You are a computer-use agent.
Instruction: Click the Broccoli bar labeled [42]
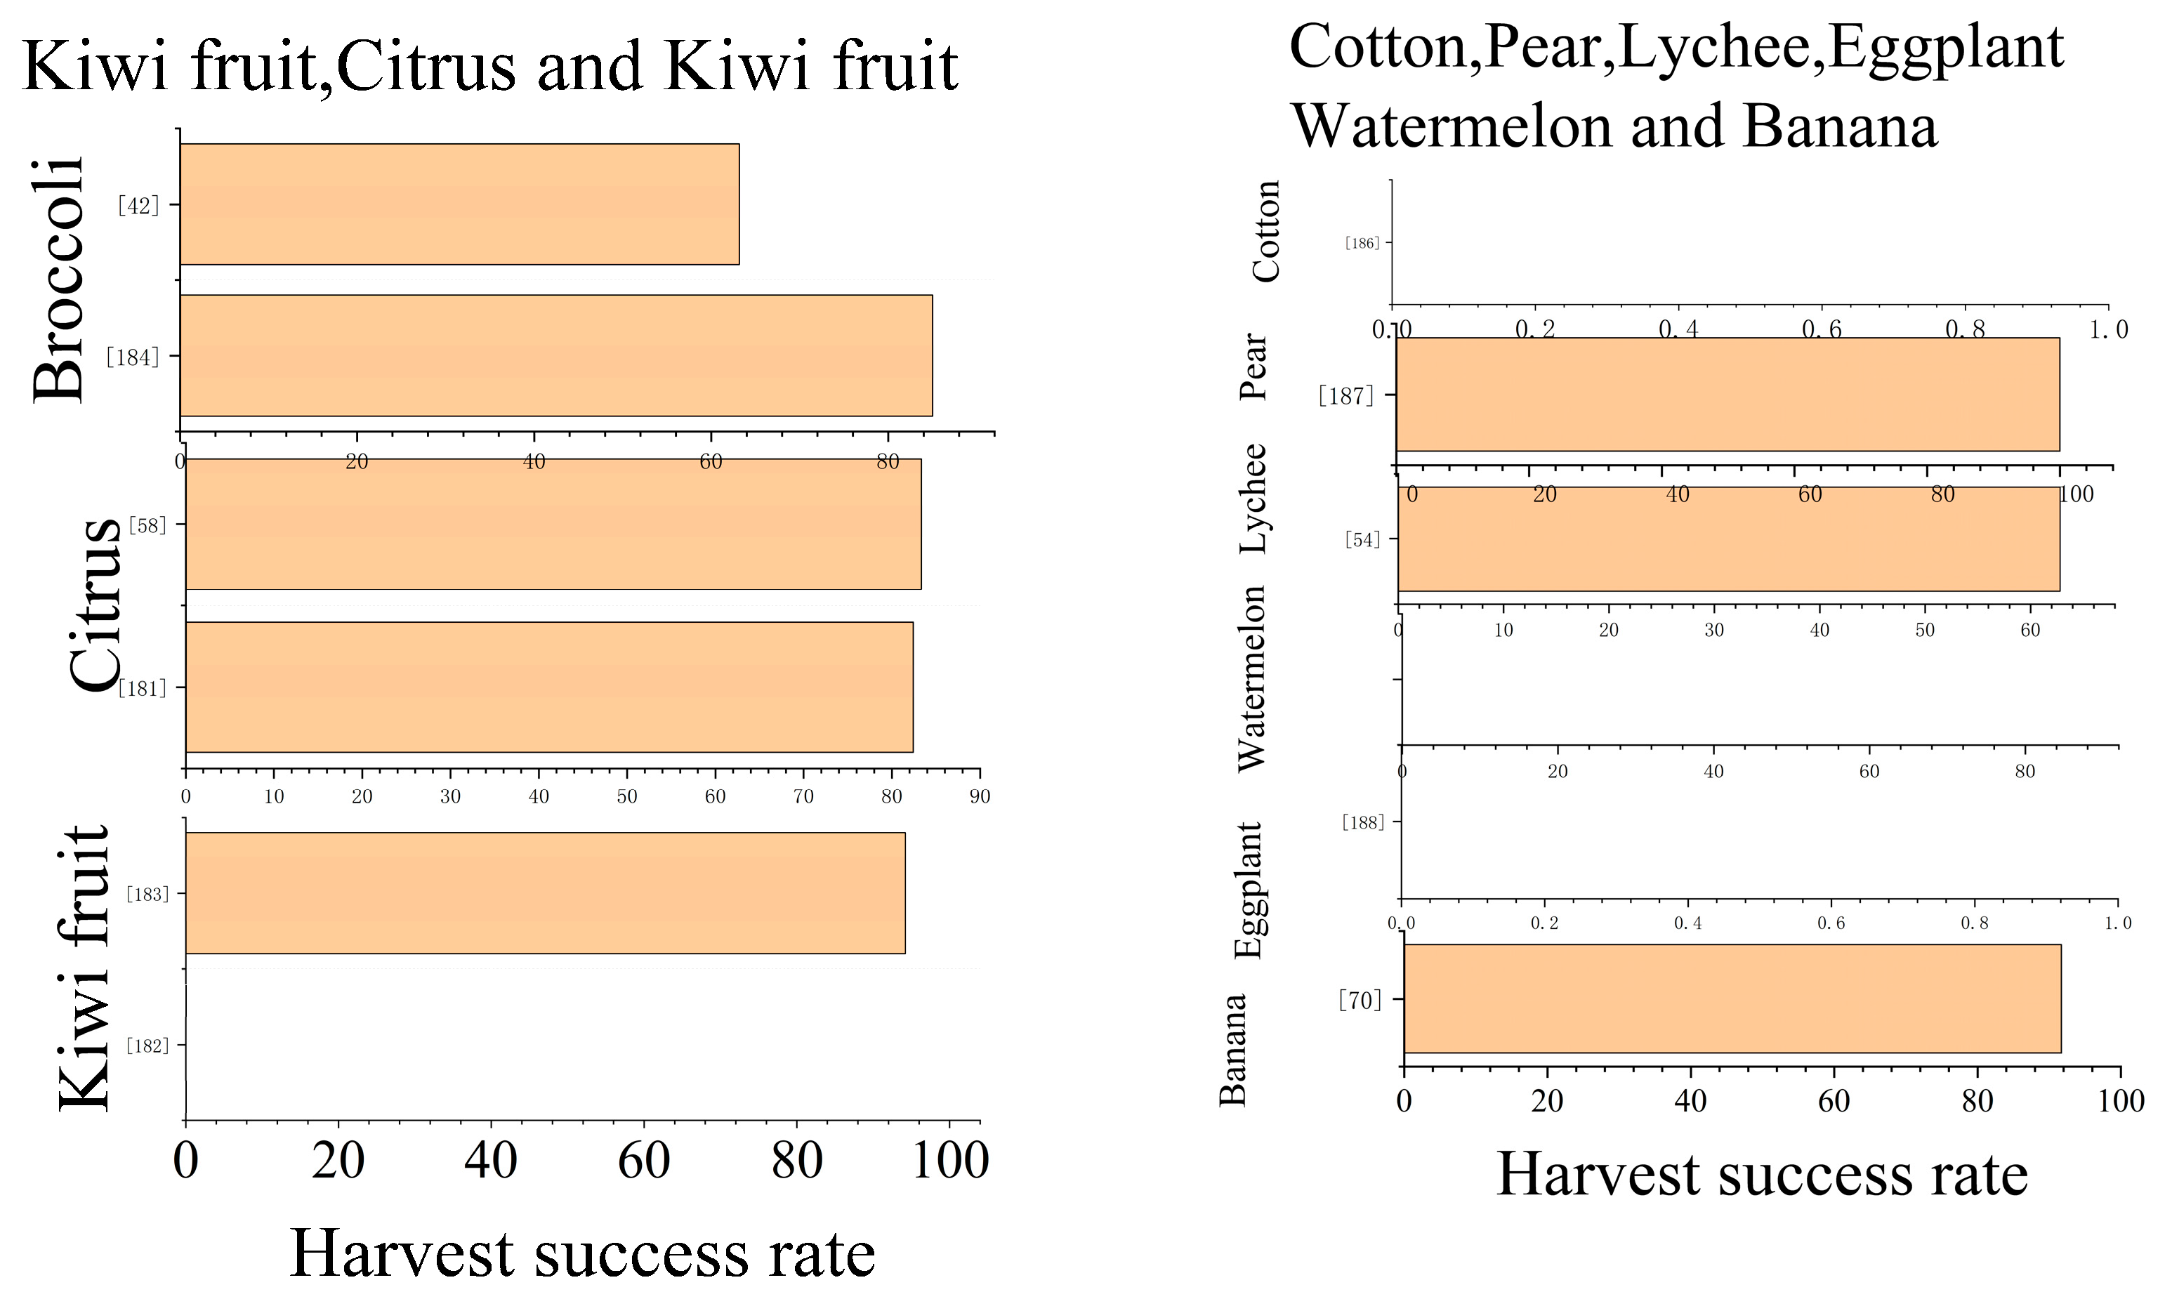[x=460, y=204]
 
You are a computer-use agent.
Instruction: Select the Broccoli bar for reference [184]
[x=556, y=355]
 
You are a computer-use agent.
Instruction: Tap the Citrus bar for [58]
[x=553, y=525]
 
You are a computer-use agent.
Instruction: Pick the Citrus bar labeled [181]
[x=549, y=687]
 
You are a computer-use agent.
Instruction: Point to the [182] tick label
[x=147, y=1045]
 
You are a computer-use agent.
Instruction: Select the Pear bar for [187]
[x=1727, y=395]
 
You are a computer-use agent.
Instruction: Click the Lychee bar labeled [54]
[x=1728, y=539]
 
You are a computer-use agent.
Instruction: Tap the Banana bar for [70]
[x=1732, y=998]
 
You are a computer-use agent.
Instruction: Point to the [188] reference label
[x=1363, y=822]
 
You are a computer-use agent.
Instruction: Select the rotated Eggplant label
[x=1249, y=890]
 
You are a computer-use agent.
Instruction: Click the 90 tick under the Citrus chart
[x=980, y=796]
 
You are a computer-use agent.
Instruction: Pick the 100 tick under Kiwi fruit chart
[x=950, y=1161]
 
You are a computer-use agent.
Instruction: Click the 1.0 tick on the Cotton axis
[x=2108, y=330]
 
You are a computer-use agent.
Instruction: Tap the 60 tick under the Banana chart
[x=1834, y=1101]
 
